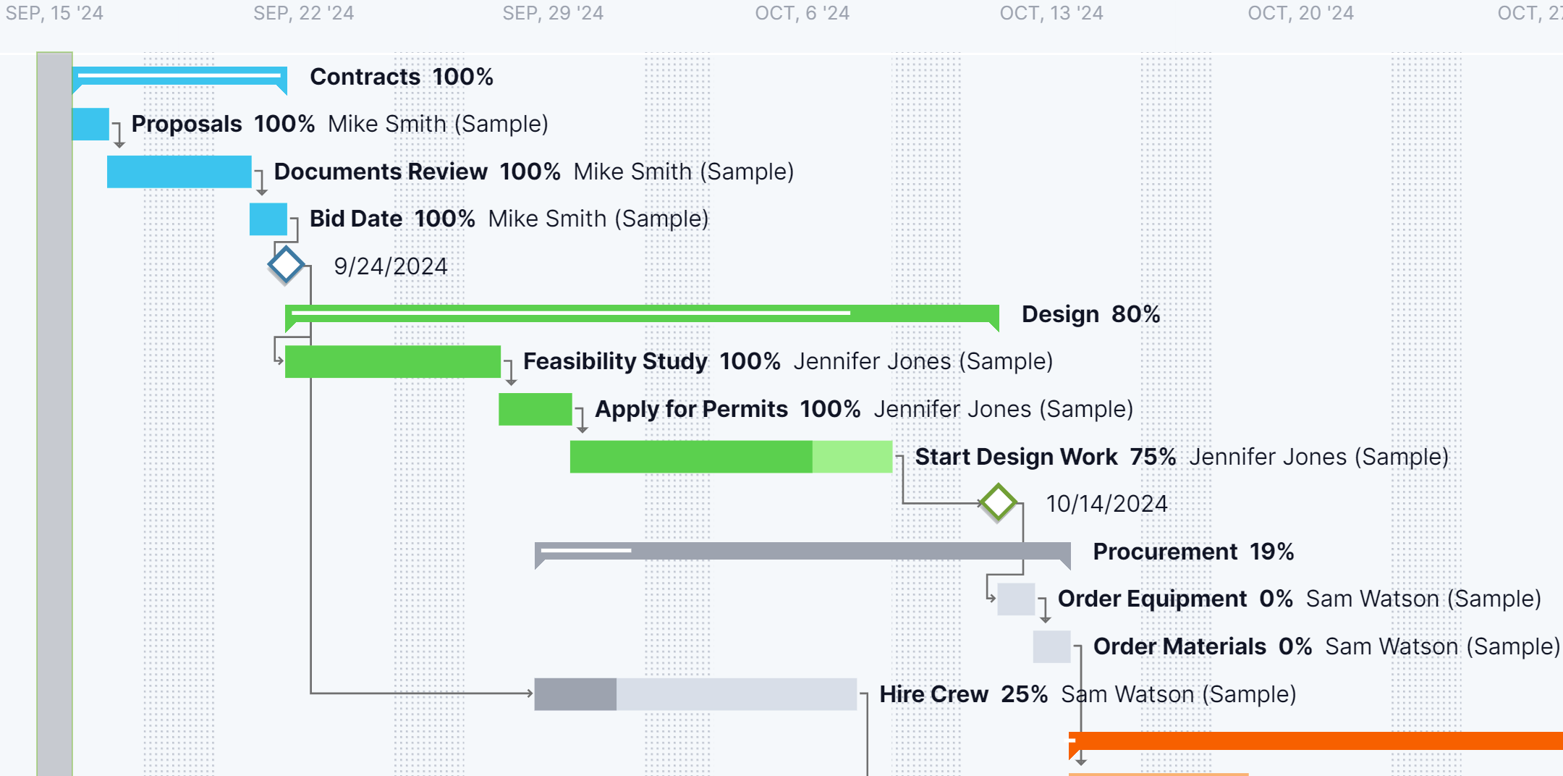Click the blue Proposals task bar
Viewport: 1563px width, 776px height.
tap(90, 124)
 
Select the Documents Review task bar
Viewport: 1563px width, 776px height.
tap(179, 172)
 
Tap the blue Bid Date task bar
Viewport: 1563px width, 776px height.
tap(268, 219)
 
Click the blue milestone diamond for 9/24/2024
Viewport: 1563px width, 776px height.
tap(286, 265)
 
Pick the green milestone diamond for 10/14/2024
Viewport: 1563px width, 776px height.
tap(999, 502)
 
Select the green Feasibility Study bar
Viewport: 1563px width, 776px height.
tap(392, 361)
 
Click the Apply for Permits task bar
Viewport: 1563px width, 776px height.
tap(535, 409)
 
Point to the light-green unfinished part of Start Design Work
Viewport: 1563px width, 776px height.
tap(852, 457)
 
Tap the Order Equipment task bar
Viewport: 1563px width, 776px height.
tap(1015, 599)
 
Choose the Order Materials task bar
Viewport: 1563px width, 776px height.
tap(1051, 646)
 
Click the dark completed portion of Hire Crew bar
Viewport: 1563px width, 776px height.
tap(575, 694)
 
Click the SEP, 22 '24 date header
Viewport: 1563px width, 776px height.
tap(303, 13)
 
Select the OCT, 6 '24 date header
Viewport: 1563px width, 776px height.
tap(802, 13)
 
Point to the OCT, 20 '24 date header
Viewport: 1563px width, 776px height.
tap(1300, 13)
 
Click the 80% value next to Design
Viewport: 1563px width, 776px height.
tap(1135, 314)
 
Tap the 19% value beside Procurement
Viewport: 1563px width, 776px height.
tap(1271, 552)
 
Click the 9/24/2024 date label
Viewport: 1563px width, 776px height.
tap(390, 266)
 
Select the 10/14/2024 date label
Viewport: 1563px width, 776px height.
tap(1106, 504)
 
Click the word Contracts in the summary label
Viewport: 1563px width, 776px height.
tap(365, 77)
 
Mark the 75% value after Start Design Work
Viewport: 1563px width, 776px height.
tap(1153, 457)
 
